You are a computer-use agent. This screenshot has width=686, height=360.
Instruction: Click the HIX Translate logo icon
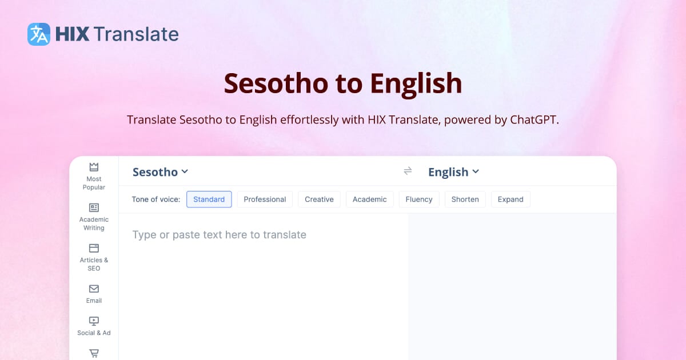coord(39,34)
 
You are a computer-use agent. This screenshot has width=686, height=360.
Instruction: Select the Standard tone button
coord(209,199)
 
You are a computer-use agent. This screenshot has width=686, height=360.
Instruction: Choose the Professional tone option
coord(265,199)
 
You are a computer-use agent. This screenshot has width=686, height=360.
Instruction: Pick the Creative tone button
coord(319,199)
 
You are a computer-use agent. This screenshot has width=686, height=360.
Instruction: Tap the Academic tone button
coord(369,199)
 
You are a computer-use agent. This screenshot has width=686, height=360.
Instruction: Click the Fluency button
coord(419,199)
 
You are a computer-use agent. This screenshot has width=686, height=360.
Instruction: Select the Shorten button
coord(465,199)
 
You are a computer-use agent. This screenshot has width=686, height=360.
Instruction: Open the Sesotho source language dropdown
coord(160,172)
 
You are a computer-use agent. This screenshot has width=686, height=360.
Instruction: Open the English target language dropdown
coord(453,172)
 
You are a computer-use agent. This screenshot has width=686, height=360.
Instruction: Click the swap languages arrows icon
coord(408,171)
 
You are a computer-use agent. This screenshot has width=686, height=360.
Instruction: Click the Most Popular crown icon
coord(94,167)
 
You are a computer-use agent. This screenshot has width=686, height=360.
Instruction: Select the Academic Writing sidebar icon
coord(94,207)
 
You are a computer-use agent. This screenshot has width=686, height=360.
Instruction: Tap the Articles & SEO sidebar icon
coord(94,248)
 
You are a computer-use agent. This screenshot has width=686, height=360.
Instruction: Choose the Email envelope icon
coord(94,289)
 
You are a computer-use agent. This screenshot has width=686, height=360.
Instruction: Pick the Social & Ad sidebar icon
coord(94,321)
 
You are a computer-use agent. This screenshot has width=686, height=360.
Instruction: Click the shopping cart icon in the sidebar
coord(94,353)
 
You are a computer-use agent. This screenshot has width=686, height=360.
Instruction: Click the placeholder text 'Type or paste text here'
coord(219,235)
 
